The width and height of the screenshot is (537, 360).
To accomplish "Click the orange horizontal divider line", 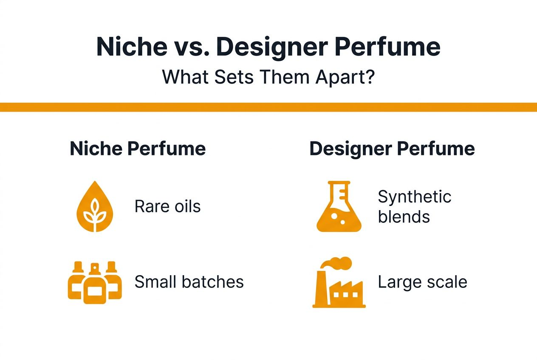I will click(268, 107).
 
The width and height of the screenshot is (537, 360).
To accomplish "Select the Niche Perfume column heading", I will click(138, 149).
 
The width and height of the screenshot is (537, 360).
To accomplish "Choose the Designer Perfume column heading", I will click(392, 149).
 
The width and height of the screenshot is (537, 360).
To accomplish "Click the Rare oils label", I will click(167, 207).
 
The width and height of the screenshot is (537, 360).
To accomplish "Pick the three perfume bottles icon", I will click(95, 282).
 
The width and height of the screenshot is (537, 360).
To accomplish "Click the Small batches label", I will click(189, 282).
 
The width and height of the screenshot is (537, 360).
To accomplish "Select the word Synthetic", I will click(414, 197).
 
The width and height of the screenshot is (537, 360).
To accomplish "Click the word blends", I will click(404, 217).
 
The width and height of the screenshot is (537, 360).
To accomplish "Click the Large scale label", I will click(422, 282).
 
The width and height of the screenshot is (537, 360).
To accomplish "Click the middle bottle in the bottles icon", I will click(95, 287).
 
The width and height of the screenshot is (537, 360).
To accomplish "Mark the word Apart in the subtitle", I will click(338, 77).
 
